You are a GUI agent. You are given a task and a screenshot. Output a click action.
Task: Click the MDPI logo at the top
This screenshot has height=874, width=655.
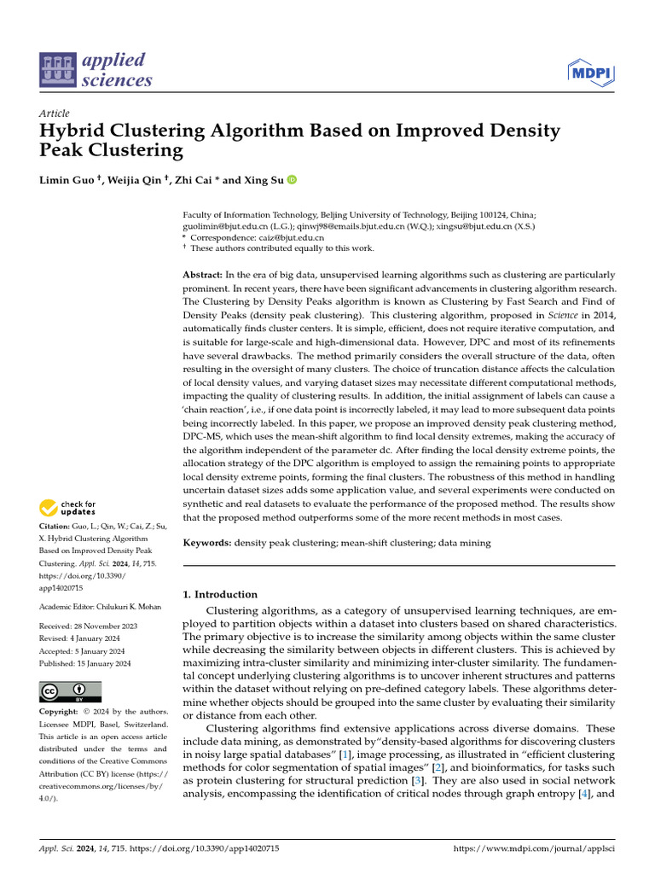(x=591, y=73)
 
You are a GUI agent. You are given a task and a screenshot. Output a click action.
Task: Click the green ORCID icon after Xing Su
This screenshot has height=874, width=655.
(x=292, y=179)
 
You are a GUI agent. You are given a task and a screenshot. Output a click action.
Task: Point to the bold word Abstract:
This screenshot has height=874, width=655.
(x=202, y=275)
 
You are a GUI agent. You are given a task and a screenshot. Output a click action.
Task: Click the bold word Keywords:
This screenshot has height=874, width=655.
(x=207, y=543)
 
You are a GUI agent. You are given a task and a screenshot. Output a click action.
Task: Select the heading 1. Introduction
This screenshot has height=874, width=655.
(x=220, y=594)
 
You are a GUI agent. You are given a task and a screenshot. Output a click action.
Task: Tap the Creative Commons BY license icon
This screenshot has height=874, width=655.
(x=71, y=690)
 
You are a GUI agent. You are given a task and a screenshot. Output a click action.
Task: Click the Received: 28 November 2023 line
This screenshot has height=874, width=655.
(x=89, y=626)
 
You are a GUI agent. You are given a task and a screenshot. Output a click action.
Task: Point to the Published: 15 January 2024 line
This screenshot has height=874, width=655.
(x=85, y=662)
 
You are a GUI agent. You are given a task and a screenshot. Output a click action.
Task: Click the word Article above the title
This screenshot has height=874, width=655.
(x=54, y=114)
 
